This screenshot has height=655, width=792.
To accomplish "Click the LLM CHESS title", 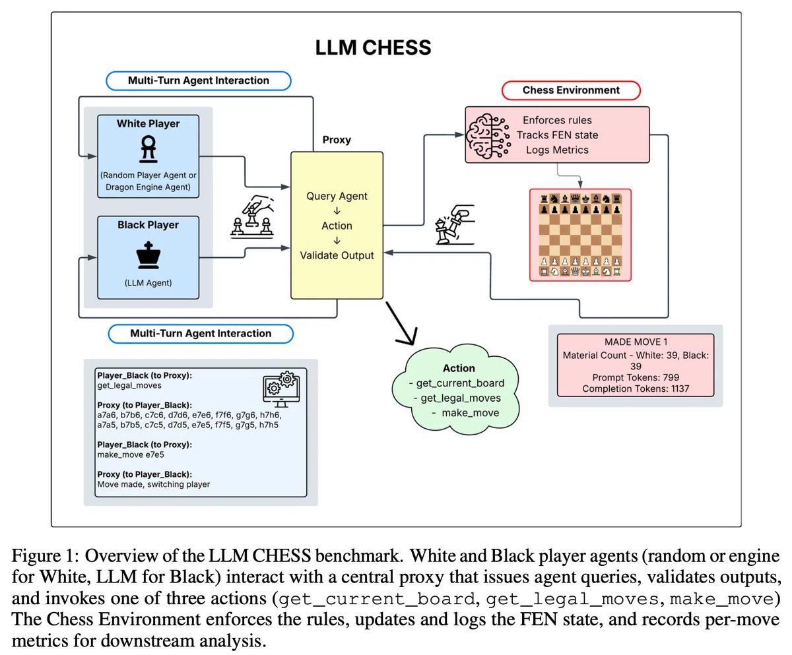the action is point(373,47).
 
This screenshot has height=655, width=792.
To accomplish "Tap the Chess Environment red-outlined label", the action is point(571,90).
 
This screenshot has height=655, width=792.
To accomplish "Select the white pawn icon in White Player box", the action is point(148,149).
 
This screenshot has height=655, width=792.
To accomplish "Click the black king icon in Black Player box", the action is point(148,255).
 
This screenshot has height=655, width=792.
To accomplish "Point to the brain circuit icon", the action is point(488,136).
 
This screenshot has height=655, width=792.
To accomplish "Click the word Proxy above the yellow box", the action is point(337,140).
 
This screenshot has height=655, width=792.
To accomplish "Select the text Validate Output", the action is point(337,255).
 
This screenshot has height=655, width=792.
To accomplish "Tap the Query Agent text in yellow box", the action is point(337,196).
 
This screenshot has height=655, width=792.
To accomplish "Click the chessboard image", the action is point(580,235).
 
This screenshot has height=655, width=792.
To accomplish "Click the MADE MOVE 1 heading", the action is point(636,342).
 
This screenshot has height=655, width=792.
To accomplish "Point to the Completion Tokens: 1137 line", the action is point(636,389).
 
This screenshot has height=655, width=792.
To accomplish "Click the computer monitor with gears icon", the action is point(281,389).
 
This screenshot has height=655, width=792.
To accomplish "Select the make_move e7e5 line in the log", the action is point(131,454).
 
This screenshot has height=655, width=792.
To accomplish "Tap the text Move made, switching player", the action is point(154,484).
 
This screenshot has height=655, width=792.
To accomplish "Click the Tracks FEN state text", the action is point(557,135).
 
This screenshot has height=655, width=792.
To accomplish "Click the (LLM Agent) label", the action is point(148,283).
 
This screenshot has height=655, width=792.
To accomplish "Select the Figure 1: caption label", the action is point(45,556).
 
